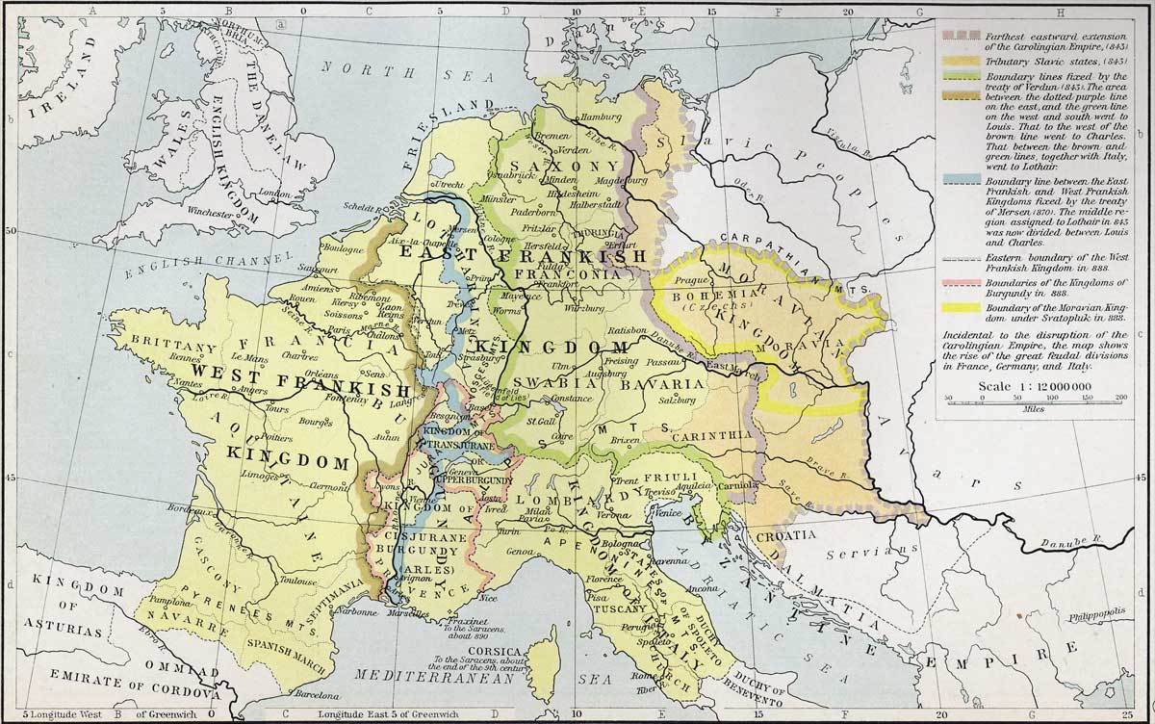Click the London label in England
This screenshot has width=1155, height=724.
pos(275,194)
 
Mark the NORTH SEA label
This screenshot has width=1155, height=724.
pos(371,66)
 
